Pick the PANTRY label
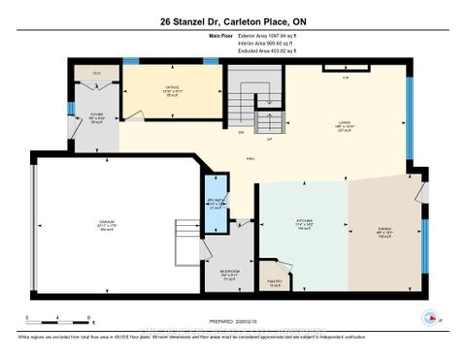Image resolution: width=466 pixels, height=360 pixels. (x=302, y=282)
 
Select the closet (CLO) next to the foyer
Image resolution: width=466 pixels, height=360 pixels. (x=97, y=73)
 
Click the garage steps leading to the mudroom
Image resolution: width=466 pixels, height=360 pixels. (x=184, y=236)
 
